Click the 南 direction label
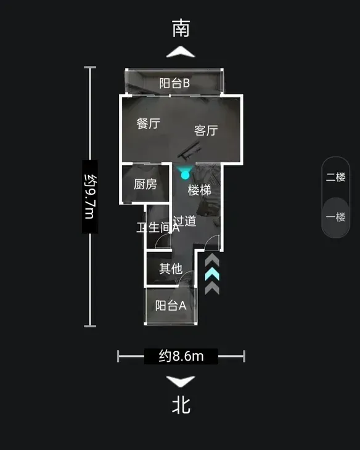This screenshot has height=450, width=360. tap(181, 28)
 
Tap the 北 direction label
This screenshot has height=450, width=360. tap(181, 405)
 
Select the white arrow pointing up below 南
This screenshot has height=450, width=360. tap(181, 52)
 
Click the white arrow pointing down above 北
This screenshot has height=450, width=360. tap(181, 382)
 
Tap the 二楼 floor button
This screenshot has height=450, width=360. tap(335, 177)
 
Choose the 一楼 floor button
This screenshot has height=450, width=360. tap(335, 216)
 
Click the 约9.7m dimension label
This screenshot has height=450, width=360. tap(90, 197)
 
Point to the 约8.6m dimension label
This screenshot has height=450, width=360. tap(181, 356)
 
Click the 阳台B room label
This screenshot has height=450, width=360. tap(174, 83)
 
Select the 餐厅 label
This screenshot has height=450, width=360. tap(148, 123)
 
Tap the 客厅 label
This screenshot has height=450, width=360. tap(206, 130)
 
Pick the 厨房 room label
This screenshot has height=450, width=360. tap(145, 184)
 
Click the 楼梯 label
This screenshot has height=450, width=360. tap(199, 190)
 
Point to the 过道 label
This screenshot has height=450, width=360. tap(184, 221)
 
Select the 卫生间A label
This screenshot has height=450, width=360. tap(158, 227)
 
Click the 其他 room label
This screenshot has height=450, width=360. tap(171, 269)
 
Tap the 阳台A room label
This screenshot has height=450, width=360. tap(171, 305)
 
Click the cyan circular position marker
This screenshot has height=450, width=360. tap(185, 175)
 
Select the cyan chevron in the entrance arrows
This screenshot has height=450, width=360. tap(212, 275)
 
